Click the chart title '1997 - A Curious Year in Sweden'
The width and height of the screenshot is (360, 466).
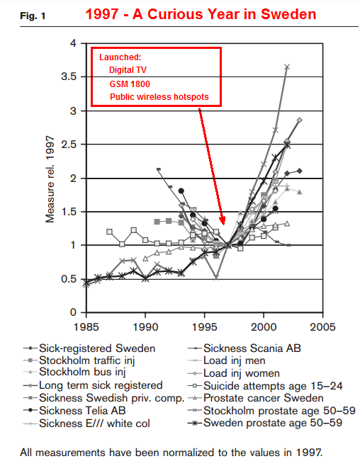201,14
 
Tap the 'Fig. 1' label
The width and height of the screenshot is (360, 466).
33,16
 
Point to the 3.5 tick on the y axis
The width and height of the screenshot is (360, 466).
69,76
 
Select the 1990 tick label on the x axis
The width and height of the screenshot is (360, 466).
145,327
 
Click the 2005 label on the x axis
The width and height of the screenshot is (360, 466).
322,327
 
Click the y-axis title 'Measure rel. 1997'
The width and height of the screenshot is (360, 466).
50,179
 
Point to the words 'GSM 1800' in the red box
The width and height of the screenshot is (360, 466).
130,84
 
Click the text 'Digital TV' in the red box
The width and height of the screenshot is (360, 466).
128,70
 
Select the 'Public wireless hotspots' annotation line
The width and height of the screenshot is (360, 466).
159,97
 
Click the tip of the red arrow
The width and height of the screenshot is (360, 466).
223,225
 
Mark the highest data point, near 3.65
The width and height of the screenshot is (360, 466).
287,67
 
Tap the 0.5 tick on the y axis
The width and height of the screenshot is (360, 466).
69,279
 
